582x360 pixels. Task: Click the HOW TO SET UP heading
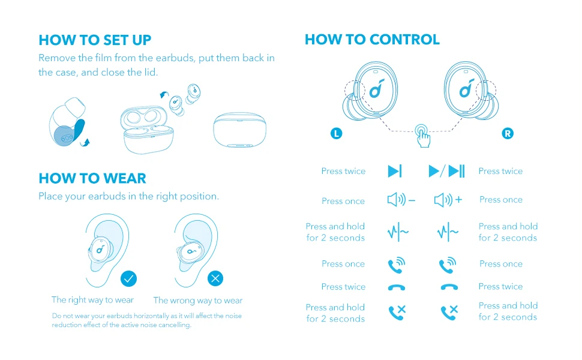click(95, 40)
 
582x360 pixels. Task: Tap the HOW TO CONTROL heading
click(372, 40)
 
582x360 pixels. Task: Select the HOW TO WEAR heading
click(92, 178)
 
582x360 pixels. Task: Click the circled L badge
click(337, 134)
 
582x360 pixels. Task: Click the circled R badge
click(508, 134)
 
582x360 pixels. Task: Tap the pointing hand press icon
click(423, 136)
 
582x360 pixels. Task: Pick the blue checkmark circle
click(128, 278)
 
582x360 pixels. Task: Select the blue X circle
click(215, 278)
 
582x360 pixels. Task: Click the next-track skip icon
click(395, 172)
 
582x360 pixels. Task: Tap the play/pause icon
click(447, 172)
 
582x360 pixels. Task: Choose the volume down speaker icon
click(401, 200)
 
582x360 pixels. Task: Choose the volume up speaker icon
click(448, 200)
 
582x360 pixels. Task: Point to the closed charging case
click(240, 130)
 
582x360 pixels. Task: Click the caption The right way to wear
click(92, 299)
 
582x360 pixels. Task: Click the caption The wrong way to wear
click(198, 301)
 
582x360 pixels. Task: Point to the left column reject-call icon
click(397, 312)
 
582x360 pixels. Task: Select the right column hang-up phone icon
click(449, 287)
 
